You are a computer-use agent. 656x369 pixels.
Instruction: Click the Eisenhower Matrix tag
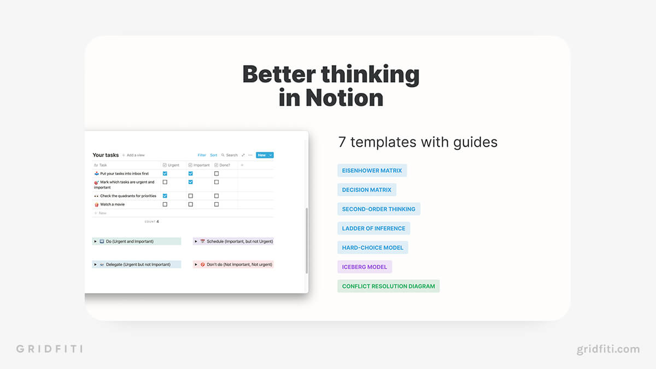tap(372, 171)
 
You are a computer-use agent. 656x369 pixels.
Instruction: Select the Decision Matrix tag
tap(367, 190)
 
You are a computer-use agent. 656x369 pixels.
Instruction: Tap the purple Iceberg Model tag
tap(365, 267)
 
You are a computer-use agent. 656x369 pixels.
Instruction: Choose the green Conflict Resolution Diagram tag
tap(388, 286)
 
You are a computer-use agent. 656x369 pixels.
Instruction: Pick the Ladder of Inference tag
tap(374, 229)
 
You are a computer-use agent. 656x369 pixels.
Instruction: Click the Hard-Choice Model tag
tap(372, 248)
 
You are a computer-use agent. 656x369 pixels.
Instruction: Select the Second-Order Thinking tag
tap(379, 209)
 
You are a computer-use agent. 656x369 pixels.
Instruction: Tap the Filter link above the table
tap(202, 155)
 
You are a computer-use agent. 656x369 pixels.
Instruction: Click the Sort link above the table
tap(214, 155)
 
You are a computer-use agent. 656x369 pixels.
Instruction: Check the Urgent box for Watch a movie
tap(165, 204)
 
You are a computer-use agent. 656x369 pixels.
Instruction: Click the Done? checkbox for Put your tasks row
tap(216, 174)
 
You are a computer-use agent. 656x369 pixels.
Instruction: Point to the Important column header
tap(199, 165)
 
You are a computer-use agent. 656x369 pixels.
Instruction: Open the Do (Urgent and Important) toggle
tap(95, 241)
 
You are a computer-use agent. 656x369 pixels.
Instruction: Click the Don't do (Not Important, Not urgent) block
tap(233, 265)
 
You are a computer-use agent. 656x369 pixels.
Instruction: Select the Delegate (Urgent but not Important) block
tap(137, 265)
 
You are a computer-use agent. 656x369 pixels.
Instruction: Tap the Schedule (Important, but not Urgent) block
tap(233, 241)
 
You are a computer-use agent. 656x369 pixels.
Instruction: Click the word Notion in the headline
tap(344, 98)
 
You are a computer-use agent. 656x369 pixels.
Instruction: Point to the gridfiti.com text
tap(608, 349)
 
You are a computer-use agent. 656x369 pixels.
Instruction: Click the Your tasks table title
tap(106, 155)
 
